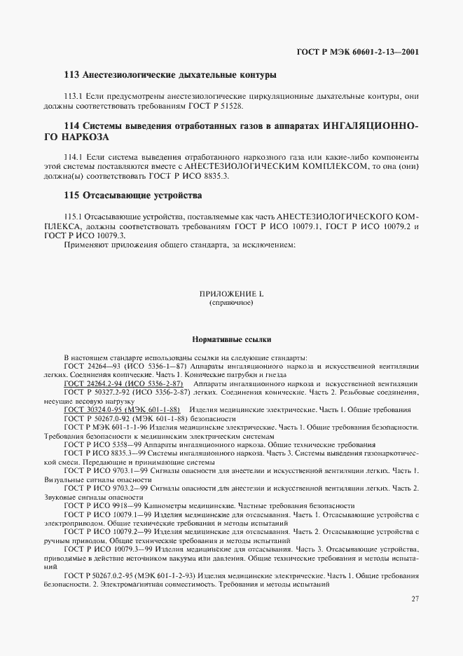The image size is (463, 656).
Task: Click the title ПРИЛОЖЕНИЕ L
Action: pos(231,295)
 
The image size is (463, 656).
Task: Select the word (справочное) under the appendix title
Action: pos(231,304)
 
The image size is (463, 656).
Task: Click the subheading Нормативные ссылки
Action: pos(231,339)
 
